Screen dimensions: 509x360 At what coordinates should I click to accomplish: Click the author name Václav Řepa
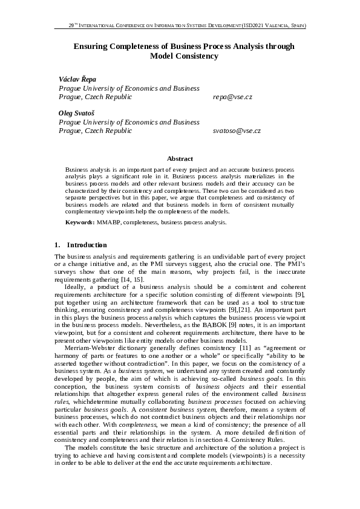point(77,79)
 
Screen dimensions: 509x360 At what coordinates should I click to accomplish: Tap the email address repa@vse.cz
point(232,96)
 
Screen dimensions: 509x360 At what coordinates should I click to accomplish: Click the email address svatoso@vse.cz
point(237,130)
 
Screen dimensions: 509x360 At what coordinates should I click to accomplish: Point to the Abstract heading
point(180,158)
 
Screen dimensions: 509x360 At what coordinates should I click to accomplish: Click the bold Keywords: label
point(80,223)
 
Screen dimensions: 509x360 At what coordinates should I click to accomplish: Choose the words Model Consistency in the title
point(183,56)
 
